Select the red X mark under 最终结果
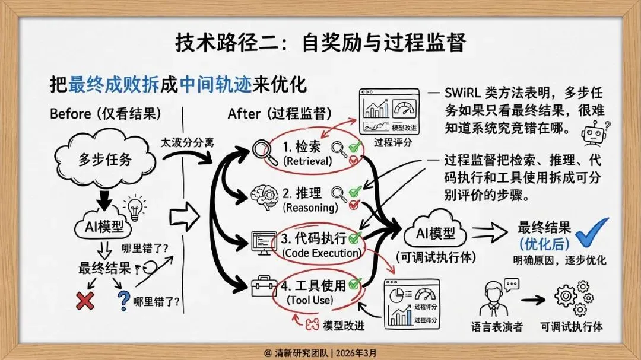click(85, 301)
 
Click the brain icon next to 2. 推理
click(263, 196)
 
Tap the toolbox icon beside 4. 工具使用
click(264, 288)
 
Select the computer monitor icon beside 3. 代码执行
click(264, 242)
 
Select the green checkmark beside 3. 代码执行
click(356, 238)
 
